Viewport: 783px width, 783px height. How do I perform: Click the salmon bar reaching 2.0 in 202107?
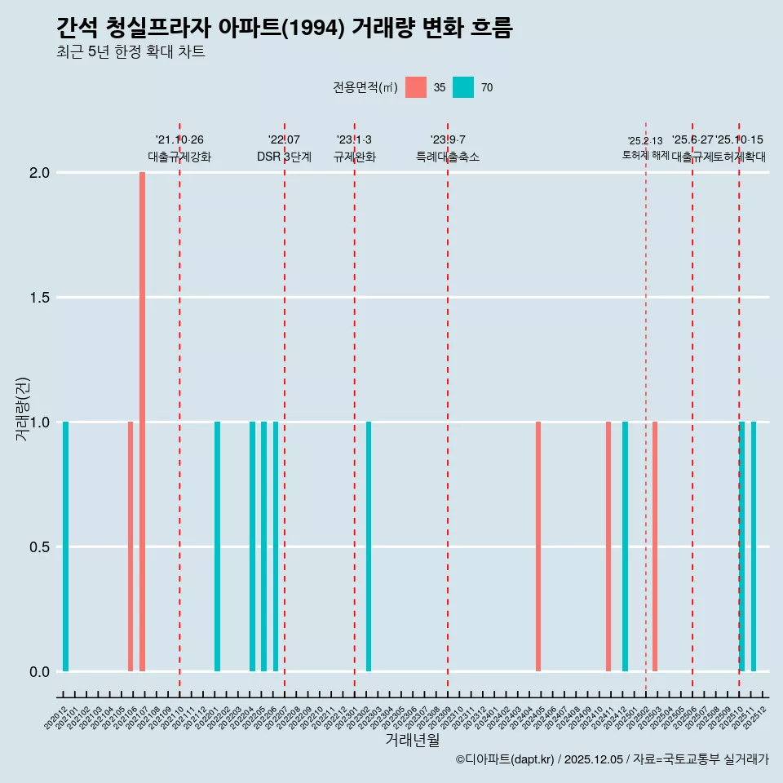click(142, 422)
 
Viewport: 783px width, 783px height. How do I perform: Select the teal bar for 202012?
click(65, 546)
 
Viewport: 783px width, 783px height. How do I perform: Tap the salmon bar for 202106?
click(130, 546)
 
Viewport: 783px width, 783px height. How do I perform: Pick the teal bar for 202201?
click(217, 546)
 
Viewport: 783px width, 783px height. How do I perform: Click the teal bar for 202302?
click(369, 546)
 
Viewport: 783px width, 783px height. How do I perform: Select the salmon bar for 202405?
click(538, 546)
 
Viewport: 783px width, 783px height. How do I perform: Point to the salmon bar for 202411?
click(608, 546)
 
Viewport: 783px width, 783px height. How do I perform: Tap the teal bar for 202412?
click(625, 546)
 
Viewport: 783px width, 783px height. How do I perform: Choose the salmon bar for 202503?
click(655, 546)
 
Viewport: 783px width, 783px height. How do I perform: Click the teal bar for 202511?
click(754, 546)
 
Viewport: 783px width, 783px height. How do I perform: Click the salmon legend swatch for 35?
click(416, 87)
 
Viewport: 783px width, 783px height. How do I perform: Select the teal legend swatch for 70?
click(463, 87)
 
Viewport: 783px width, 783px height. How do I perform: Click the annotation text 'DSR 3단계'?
click(284, 157)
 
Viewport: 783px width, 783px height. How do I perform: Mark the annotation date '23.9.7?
click(448, 139)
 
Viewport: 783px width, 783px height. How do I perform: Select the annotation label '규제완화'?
click(354, 157)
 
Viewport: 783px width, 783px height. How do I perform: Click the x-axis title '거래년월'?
click(412, 741)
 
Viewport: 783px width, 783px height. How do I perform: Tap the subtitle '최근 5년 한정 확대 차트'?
click(130, 52)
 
